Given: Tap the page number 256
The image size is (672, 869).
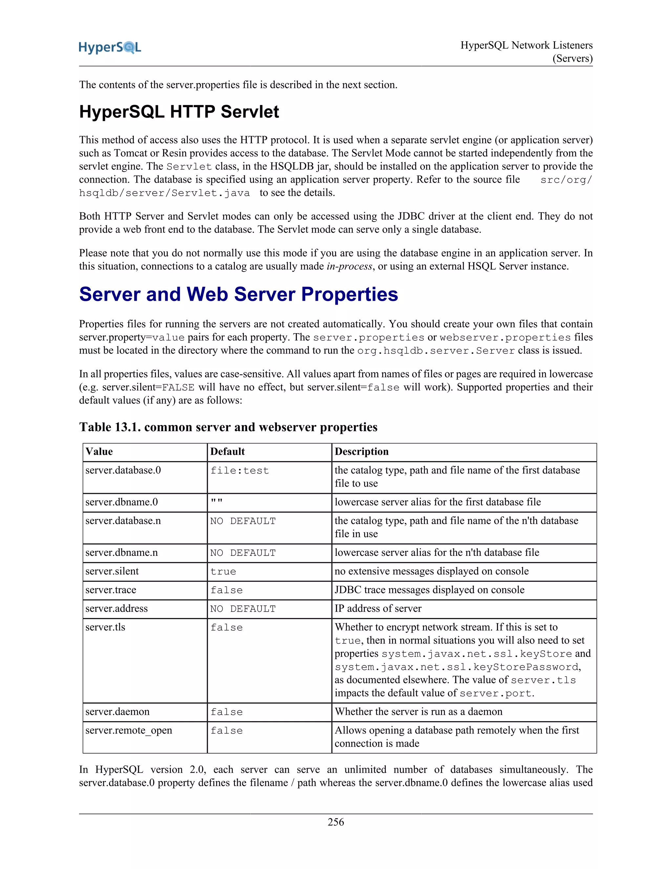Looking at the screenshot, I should pyautogui.click(x=336, y=822).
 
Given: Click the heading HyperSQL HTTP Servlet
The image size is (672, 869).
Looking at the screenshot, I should pyautogui.click(x=179, y=112).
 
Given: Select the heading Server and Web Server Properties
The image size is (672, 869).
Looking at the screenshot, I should pyautogui.click(x=239, y=294).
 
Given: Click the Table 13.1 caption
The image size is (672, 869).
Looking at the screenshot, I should pyautogui.click(x=228, y=427).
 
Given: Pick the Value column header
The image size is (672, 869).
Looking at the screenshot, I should pyautogui.click(x=99, y=452).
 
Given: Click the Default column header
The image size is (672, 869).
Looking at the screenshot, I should pyautogui.click(x=227, y=452).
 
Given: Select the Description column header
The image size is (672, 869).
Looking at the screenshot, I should pyautogui.click(x=362, y=452).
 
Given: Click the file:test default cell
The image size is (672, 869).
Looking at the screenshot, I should pyautogui.click(x=240, y=471).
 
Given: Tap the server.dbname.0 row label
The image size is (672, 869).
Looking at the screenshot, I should pyautogui.click(x=121, y=502).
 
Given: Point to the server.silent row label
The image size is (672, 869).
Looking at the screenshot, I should pyautogui.click(x=112, y=571).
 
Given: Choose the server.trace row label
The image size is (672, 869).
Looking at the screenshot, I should pyautogui.click(x=111, y=590).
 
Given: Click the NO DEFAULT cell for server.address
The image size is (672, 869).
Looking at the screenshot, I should pyautogui.click(x=243, y=609).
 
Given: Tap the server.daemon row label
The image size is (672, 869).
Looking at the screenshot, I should pyautogui.click(x=117, y=712).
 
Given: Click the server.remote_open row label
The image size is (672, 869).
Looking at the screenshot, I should pyautogui.click(x=129, y=731).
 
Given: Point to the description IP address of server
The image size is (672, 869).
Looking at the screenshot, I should pyautogui.click(x=378, y=609).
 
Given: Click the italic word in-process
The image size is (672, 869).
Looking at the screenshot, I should pyautogui.click(x=349, y=267).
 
